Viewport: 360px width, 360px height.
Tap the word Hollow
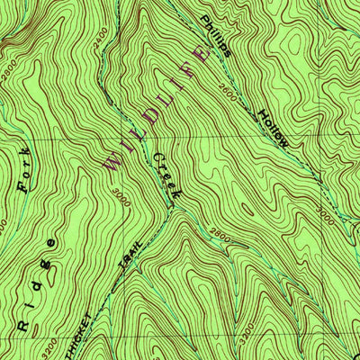[x=273, y=129]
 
